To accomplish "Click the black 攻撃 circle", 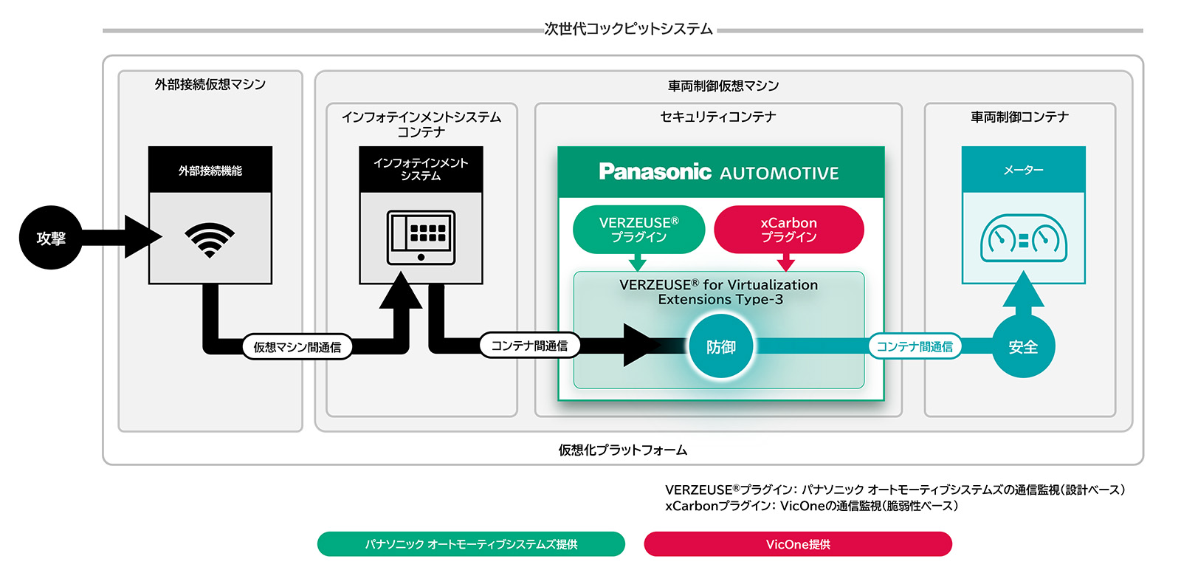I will tap(50, 238).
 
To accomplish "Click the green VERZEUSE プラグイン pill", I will tap(638, 230).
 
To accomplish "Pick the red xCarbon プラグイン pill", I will tap(788, 230).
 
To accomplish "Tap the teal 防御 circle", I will tap(720, 346).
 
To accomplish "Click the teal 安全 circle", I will tap(1023, 346).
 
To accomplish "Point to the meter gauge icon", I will tap(1023, 239).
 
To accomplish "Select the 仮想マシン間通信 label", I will tap(297, 347).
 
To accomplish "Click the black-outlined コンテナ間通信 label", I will tap(529, 346).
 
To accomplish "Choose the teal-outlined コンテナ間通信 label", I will tap(914, 346).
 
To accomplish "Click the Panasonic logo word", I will tap(655, 172).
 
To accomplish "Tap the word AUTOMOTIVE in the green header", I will tap(779, 174).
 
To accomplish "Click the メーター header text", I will tap(1023, 170).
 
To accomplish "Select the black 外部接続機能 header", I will tap(210, 171).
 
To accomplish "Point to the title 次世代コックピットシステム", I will tap(628, 29).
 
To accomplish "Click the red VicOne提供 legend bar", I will tap(798, 544).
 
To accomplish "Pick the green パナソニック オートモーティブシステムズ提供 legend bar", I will tap(471, 544).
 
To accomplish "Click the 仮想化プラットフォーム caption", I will tap(622, 450).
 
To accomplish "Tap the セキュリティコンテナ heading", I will tap(717, 117).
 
